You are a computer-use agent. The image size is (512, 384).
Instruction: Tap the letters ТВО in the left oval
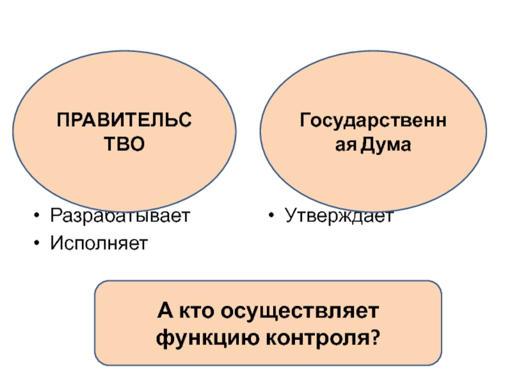pyautogui.click(x=124, y=145)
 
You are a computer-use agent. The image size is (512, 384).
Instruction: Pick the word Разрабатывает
pyautogui.click(x=120, y=216)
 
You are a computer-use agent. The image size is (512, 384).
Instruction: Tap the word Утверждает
pyautogui.click(x=340, y=216)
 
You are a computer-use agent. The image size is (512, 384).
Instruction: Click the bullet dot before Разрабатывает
pyautogui.click(x=39, y=216)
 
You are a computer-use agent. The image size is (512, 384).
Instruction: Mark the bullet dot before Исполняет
pyautogui.click(x=39, y=244)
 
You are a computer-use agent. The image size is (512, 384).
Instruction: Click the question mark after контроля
pyautogui.click(x=372, y=335)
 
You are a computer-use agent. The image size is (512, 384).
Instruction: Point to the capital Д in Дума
pyautogui.click(x=369, y=145)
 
